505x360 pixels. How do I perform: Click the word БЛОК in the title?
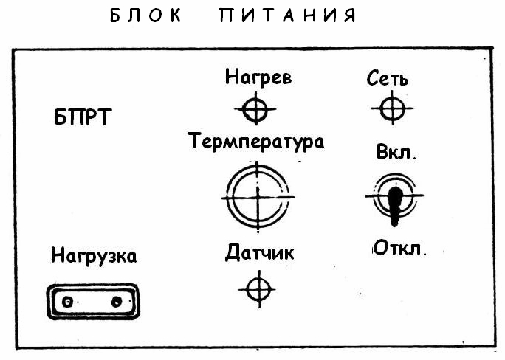(x=145, y=16)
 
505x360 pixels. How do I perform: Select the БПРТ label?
(x=82, y=119)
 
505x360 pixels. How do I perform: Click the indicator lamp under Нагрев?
(x=255, y=110)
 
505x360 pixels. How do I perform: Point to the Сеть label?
(x=388, y=77)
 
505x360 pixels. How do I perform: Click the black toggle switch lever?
(x=395, y=202)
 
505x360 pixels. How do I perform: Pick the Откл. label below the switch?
(x=399, y=246)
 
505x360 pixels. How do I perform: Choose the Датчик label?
(x=260, y=253)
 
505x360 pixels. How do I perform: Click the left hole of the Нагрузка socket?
(x=68, y=302)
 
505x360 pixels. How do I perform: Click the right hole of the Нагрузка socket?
(x=116, y=302)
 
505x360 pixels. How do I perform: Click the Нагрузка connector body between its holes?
(x=92, y=302)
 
